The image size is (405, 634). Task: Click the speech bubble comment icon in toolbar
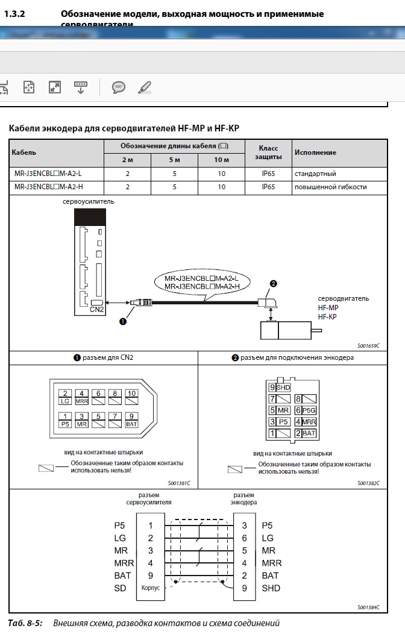[x=119, y=87]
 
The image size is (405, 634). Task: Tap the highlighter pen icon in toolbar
[x=145, y=87]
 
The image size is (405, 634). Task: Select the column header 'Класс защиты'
[x=268, y=152]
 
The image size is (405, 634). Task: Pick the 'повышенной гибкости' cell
[x=330, y=187]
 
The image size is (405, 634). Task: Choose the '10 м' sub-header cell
[x=222, y=160]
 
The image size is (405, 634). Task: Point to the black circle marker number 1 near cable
[x=123, y=321]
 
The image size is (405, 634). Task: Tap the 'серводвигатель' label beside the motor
[x=344, y=298]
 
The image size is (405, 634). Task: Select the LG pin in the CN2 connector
[x=66, y=401]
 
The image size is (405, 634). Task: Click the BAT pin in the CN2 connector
[x=132, y=424]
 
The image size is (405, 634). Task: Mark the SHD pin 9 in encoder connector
[x=280, y=388]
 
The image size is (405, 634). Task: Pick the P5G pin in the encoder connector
[x=309, y=410]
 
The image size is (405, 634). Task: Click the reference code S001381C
[x=179, y=483]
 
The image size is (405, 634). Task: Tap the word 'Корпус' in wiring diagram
[x=151, y=588]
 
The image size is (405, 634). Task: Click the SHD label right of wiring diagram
[x=271, y=588]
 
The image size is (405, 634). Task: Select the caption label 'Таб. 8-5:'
[x=25, y=623]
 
